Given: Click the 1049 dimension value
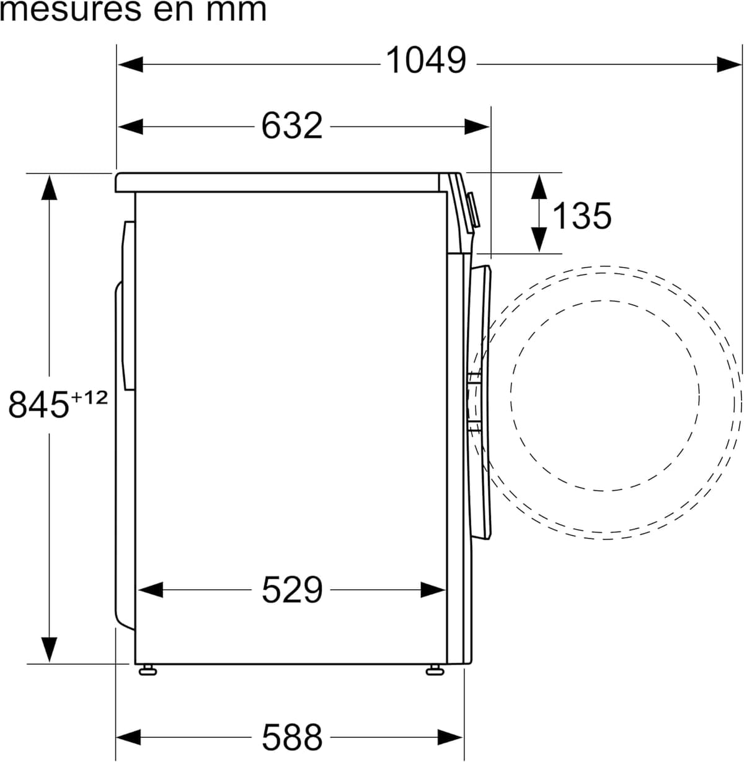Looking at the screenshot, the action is [x=426, y=60].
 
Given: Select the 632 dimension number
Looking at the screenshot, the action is [x=292, y=126].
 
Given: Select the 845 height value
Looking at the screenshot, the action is [x=38, y=404].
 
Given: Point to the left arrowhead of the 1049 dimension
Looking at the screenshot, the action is [x=130, y=64].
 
